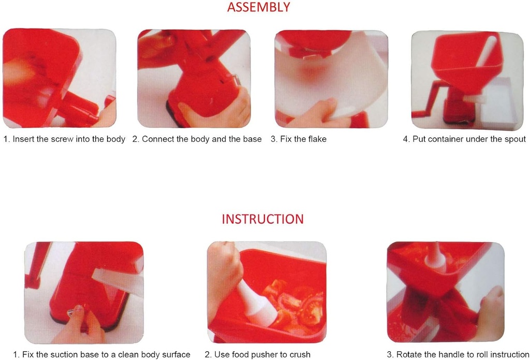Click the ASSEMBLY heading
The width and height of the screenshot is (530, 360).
pyautogui.click(x=258, y=7)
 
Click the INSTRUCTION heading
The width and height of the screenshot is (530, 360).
pyautogui.click(x=262, y=219)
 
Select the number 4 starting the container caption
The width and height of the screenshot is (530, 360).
pyautogui.click(x=405, y=139)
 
